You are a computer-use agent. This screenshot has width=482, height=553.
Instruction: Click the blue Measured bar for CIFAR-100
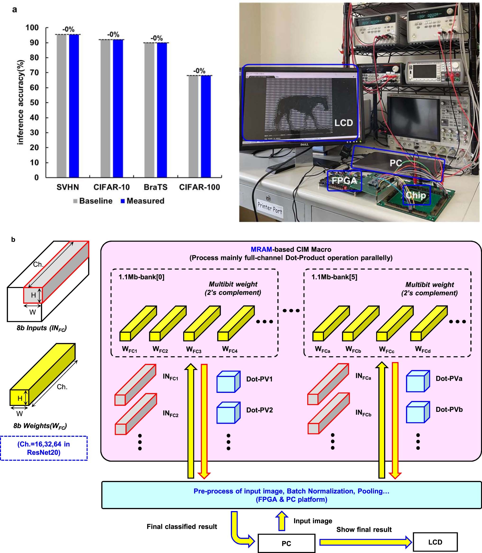[206, 126]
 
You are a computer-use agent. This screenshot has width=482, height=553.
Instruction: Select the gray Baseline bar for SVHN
[61, 106]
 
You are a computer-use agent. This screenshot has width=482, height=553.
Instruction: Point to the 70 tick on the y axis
[34, 73]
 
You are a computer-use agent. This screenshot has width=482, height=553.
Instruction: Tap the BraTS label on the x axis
[156, 187]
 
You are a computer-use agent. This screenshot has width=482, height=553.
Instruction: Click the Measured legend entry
[142, 201]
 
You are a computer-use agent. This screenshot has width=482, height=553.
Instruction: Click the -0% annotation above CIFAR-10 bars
[113, 34]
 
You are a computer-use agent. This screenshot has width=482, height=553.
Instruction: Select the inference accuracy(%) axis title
[21, 102]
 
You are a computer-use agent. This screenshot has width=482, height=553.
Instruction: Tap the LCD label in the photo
[344, 123]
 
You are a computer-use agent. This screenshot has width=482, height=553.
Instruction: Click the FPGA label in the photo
[344, 181]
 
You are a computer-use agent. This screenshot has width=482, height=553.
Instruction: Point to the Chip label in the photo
[416, 195]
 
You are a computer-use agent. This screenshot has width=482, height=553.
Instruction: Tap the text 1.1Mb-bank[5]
[334, 277]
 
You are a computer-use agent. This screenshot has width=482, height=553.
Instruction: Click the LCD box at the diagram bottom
[435, 542]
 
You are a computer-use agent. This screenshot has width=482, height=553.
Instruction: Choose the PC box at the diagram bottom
[286, 543]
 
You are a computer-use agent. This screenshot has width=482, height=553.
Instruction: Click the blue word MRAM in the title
[261, 249]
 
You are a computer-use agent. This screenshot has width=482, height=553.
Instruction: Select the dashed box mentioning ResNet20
[44, 448]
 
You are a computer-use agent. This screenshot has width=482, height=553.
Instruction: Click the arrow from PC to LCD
[365, 542]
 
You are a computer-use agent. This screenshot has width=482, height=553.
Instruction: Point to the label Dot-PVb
[449, 409]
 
